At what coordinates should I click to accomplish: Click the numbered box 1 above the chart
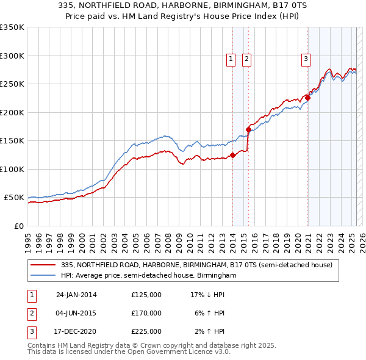232,59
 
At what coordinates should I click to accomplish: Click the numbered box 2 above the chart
246,59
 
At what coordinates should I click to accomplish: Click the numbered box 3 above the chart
305,59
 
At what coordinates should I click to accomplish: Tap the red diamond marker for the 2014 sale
232,155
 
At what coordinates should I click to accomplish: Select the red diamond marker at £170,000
248,129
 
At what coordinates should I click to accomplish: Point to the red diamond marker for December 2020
308,98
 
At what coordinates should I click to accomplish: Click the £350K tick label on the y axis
12,27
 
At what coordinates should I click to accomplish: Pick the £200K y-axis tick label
12,112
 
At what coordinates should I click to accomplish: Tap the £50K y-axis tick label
13,198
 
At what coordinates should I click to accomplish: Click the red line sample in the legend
43,265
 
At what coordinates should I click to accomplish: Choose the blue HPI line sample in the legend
43,276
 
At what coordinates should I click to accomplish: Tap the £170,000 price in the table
146,313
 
